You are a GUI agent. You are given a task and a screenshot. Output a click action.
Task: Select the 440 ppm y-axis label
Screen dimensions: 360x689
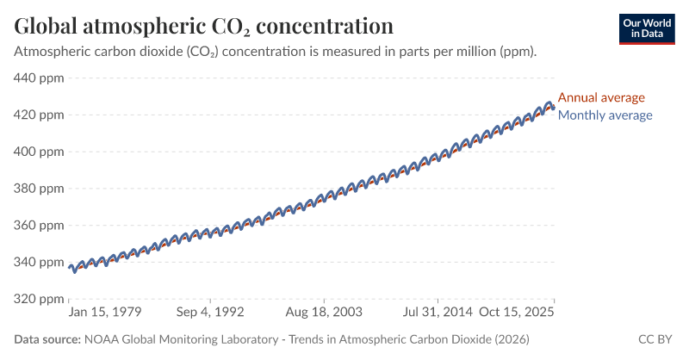pos(39,78)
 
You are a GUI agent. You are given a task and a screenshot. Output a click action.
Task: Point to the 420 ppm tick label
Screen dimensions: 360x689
pos(39,115)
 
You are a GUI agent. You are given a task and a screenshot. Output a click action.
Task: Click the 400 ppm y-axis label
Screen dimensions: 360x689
pos(39,152)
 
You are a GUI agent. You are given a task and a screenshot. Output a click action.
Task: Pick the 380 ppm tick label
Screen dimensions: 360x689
pos(39,189)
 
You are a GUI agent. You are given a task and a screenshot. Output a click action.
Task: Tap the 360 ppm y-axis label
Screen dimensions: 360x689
pos(39,226)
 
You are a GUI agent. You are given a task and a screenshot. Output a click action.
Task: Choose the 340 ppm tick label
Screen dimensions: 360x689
pos(39,262)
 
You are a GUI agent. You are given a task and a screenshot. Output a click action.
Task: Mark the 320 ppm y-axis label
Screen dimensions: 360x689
pos(39,299)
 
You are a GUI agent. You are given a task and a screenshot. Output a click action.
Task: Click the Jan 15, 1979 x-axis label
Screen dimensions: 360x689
pos(105,312)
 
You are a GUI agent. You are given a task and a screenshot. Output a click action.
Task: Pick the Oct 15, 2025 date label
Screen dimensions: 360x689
pos(516,312)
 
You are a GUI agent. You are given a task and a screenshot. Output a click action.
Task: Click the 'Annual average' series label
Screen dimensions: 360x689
pos(601,97)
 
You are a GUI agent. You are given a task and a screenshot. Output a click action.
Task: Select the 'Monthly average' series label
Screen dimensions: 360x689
pos(605,115)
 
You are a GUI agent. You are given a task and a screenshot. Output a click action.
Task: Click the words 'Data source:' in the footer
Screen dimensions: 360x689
pos(47,340)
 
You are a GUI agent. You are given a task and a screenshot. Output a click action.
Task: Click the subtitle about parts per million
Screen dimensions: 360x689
pos(276,52)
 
